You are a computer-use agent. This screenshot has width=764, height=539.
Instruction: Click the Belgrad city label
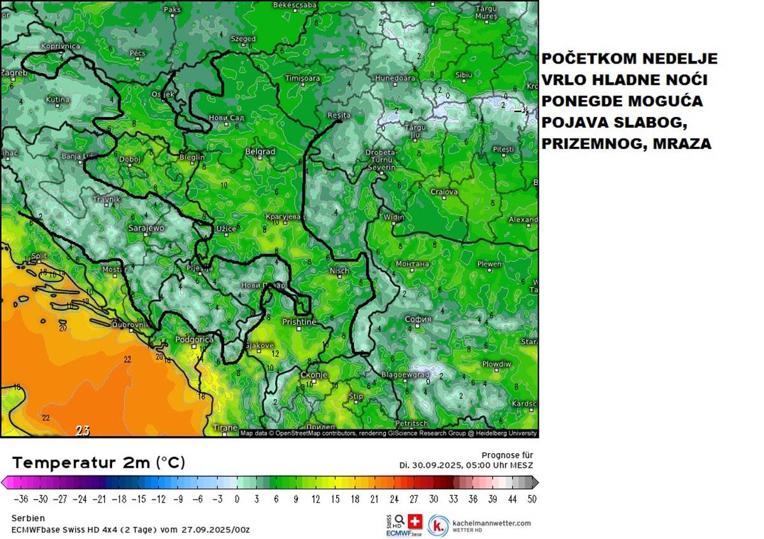260,152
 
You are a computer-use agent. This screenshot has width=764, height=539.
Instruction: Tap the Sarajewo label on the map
146,228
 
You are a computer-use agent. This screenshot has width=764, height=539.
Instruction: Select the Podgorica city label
194,340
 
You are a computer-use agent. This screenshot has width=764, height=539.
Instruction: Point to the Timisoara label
302,78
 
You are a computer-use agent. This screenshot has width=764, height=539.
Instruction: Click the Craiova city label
444,192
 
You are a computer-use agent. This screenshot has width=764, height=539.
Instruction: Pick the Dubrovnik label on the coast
130,325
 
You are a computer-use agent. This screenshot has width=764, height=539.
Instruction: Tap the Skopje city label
313,375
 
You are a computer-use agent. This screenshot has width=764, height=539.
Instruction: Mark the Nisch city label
339,271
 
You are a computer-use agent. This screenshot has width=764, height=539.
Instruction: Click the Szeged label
243,39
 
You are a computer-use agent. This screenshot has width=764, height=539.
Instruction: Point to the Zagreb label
14,73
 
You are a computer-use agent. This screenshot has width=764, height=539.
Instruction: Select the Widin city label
393,218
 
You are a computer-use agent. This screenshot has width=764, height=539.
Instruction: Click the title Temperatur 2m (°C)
99,463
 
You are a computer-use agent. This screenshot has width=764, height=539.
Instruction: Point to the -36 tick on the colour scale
22,500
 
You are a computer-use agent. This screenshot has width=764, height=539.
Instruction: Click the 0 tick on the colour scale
237,500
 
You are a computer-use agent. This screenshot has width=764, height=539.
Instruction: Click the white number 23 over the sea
83,431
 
